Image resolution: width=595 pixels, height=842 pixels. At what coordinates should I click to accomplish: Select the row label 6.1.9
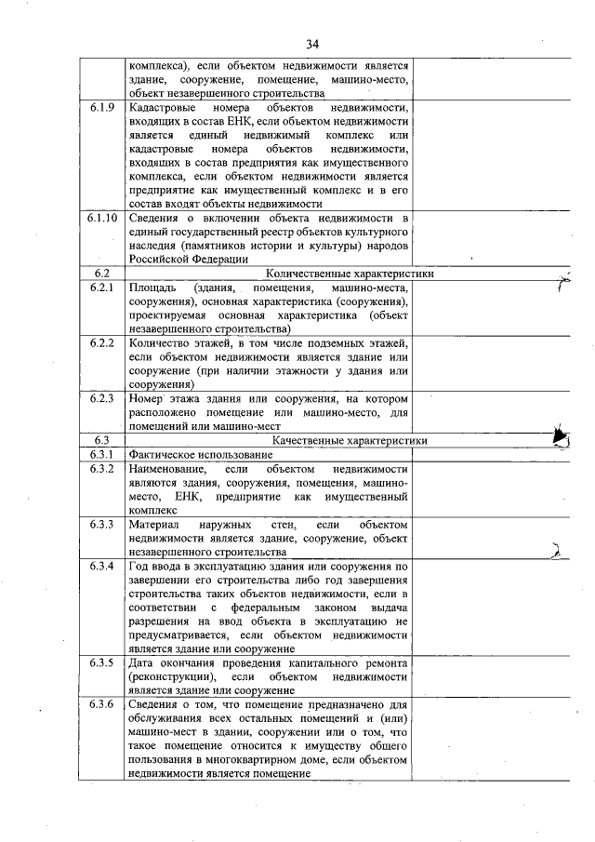click(x=102, y=108)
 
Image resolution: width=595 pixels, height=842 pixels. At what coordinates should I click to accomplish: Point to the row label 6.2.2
click(x=102, y=343)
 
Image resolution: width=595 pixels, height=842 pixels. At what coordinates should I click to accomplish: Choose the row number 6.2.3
click(x=102, y=399)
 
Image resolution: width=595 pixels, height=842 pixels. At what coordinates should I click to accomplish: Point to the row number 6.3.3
click(x=102, y=525)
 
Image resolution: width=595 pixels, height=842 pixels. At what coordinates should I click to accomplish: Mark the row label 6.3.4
click(x=102, y=566)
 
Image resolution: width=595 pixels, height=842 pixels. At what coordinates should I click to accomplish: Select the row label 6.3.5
click(x=102, y=663)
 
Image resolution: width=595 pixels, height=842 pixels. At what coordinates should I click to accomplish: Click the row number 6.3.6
click(x=102, y=704)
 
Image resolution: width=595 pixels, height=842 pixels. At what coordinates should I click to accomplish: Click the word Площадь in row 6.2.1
click(x=152, y=287)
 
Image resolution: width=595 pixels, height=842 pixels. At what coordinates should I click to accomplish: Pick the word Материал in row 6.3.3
click(x=155, y=525)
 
